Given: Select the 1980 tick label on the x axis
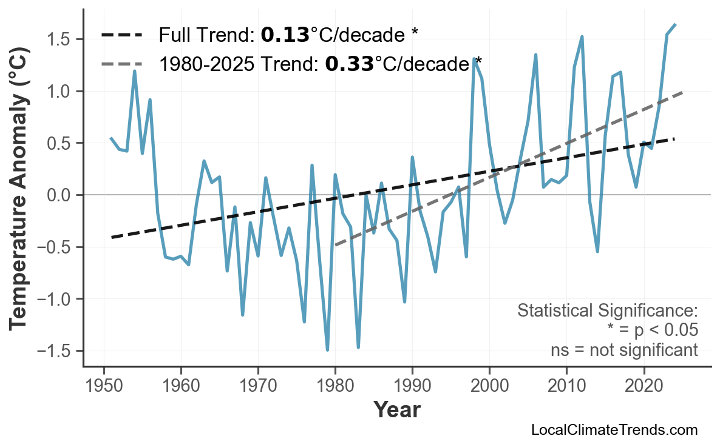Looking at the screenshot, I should point(335,386).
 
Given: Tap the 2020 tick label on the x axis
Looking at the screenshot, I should point(644,386).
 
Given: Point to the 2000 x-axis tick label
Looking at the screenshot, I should point(489,386).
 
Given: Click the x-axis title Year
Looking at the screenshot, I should point(396,411).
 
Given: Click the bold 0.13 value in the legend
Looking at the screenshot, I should point(285,35).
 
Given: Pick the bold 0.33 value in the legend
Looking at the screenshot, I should point(349,64).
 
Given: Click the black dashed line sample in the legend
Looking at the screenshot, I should point(121,35).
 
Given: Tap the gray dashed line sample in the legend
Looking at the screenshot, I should point(121,64).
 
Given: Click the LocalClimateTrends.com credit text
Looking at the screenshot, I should point(614,431).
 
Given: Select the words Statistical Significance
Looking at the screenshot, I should point(607,311).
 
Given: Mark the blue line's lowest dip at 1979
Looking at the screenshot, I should point(327,350).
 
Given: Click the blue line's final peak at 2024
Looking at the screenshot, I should point(675,24).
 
